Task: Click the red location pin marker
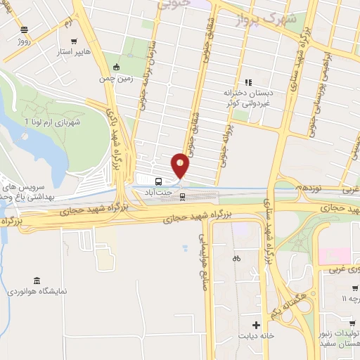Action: click(x=181, y=165)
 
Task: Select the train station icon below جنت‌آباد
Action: click(x=183, y=195)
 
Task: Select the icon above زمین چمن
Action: click(x=116, y=68)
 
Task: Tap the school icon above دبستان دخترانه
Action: click(x=248, y=82)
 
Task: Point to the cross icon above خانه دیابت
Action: click(x=256, y=325)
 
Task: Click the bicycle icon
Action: click(x=236, y=258)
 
